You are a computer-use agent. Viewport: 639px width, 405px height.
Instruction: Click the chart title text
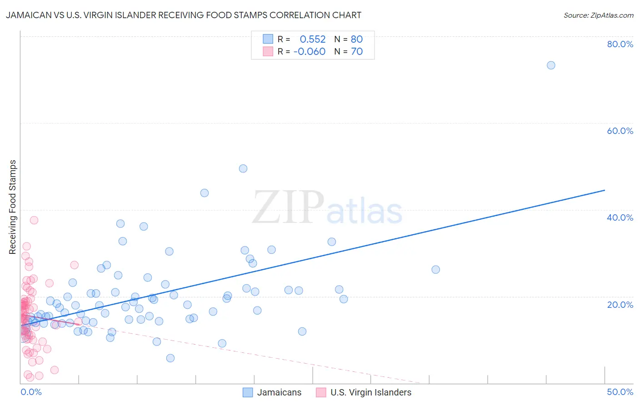(183, 15)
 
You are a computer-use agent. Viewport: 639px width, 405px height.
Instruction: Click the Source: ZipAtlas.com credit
(598, 15)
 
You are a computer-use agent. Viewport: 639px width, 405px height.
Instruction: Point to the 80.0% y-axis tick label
(620, 44)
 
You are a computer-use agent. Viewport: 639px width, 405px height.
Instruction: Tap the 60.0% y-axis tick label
(620, 131)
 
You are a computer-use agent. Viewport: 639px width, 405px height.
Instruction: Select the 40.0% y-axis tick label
(620, 217)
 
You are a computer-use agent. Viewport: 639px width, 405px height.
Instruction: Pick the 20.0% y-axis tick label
(620, 304)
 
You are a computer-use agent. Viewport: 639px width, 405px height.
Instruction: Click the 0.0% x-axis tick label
(31, 392)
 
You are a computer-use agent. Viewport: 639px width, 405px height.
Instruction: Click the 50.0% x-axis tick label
(620, 392)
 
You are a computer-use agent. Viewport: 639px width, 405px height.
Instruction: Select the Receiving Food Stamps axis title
(13, 207)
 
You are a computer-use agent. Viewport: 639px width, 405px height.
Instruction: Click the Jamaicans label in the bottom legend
(279, 392)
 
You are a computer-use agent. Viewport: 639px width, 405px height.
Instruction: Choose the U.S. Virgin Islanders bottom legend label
(371, 392)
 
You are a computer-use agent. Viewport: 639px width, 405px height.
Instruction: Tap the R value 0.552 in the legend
(313, 40)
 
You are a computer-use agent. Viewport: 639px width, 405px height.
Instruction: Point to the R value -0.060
(310, 52)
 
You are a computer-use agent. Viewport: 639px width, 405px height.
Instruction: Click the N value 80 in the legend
(357, 40)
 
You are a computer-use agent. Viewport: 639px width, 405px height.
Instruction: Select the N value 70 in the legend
(357, 52)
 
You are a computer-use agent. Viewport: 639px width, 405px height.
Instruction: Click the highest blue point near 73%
(551, 65)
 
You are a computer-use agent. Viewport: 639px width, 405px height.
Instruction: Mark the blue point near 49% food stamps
(243, 168)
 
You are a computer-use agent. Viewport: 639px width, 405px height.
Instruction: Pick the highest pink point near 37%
(34, 220)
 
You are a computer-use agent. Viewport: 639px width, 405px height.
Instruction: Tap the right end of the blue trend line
(604, 190)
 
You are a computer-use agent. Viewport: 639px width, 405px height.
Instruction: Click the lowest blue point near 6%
(170, 358)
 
